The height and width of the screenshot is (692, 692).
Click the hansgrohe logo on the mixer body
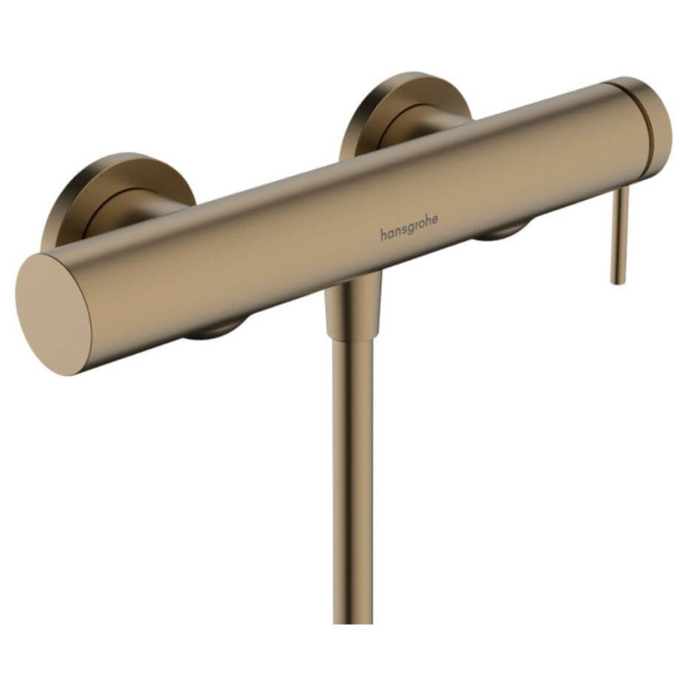point(409,227)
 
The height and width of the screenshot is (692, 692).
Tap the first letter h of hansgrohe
point(383,234)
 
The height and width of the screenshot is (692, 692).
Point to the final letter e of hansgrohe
point(435,220)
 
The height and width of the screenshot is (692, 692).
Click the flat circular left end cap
point(54,315)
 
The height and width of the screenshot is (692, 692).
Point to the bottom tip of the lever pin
point(618,283)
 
